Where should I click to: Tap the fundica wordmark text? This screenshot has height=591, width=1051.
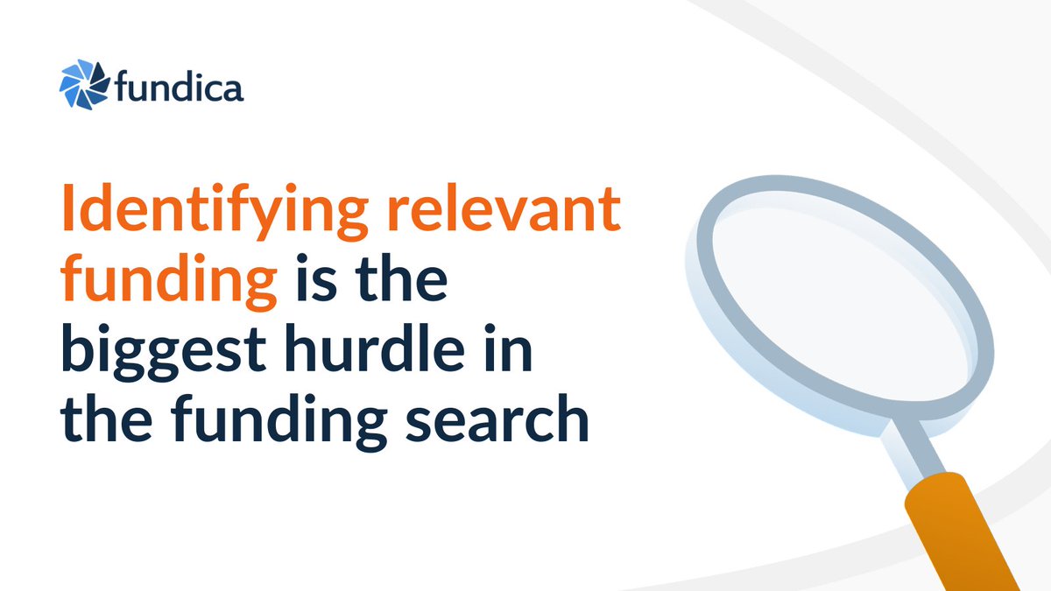pos(180,88)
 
